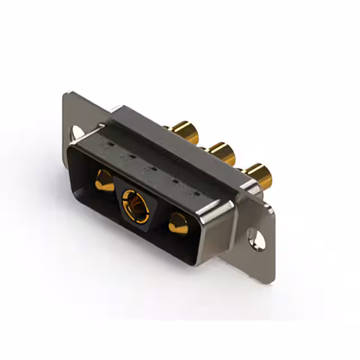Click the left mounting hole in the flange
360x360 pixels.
78,132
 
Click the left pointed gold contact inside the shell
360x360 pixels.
103,181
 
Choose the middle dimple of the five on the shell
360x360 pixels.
152,168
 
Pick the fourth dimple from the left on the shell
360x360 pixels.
174,181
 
